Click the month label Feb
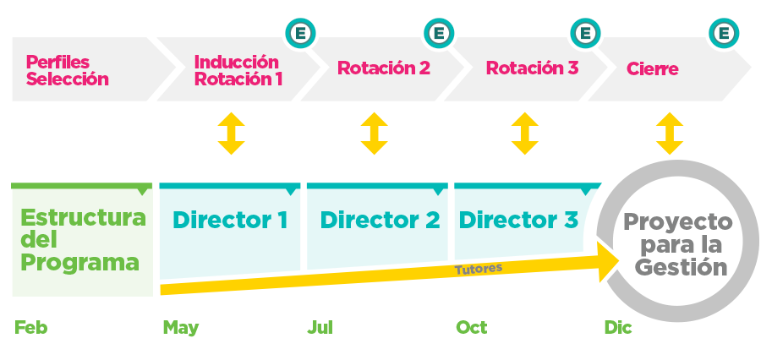[31, 328]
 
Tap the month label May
[181, 328]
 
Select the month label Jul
[320, 328]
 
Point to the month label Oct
[472, 328]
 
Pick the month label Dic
[618, 328]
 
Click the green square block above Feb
[82, 239]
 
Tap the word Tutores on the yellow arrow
[479, 269]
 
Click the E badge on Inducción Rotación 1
[298, 34]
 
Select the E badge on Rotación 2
[438, 34]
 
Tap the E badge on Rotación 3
[584, 34]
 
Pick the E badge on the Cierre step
[723, 34]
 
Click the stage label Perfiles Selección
[68, 71]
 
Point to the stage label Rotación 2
[384, 68]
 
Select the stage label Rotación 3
[532, 68]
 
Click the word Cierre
[652, 69]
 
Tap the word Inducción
[236, 62]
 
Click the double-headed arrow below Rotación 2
[374, 134]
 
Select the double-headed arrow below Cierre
[670, 134]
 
